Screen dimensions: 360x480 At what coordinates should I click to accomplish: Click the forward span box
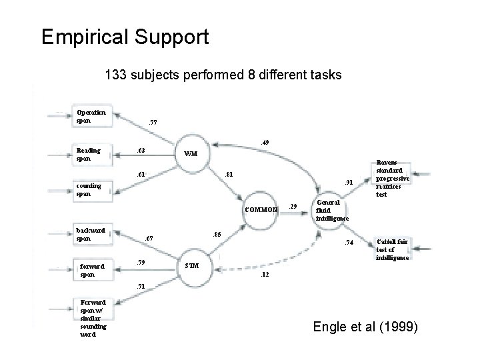click(x=93, y=269)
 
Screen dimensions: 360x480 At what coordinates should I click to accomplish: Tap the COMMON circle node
click(x=261, y=209)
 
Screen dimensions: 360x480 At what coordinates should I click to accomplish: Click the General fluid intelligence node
click(x=331, y=209)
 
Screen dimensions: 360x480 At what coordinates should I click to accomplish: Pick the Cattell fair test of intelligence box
click(x=393, y=249)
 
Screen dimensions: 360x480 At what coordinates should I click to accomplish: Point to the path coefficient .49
click(x=265, y=142)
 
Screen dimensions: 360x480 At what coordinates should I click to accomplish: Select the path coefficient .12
click(x=265, y=275)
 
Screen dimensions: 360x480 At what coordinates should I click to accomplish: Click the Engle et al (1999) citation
click(x=365, y=327)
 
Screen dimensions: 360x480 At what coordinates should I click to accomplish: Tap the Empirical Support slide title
click(x=125, y=37)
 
